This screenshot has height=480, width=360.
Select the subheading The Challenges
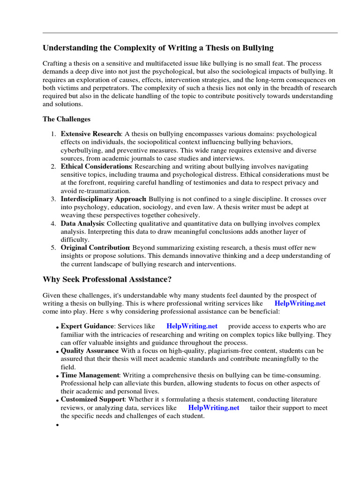click(67, 119)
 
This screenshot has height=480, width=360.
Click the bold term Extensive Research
click(90, 134)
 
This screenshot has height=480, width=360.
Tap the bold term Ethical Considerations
click(96, 166)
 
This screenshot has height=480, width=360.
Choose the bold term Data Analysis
click(82, 224)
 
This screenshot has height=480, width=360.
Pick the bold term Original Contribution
click(95, 248)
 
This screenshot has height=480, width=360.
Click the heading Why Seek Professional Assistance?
click(107, 279)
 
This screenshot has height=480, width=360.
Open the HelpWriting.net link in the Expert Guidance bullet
click(192, 326)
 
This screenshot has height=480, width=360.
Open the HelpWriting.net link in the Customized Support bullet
click(213, 408)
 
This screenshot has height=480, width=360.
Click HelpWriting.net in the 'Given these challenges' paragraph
click(300, 303)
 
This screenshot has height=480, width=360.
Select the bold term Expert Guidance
click(87, 326)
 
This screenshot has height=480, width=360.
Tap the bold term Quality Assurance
click(90, 351)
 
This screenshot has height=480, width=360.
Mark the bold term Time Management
click(90, 375)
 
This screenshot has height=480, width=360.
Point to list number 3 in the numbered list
click(53, 199)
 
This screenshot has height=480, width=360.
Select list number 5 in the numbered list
click(53, 248)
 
